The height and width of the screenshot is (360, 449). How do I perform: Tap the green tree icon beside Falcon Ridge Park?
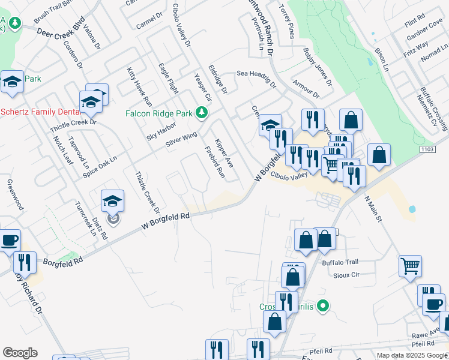pos(203,112)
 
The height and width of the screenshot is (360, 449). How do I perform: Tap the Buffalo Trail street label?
pos(340,262)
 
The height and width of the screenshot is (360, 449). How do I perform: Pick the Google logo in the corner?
pos(20,353)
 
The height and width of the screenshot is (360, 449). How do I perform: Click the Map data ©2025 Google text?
pos(412,355)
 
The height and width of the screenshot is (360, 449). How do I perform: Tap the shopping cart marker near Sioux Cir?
pos(410,265)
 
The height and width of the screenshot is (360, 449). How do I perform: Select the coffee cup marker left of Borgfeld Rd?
pos(9,240)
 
